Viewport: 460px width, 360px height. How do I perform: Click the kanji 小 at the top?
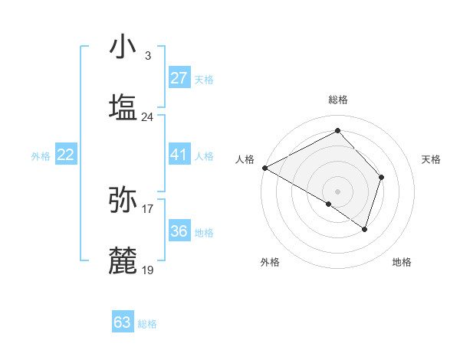(123, 47)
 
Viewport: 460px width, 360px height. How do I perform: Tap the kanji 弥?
(123, 199)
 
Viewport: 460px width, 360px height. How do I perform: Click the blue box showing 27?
(179, 78)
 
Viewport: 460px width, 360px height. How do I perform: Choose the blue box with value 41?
(179, 155)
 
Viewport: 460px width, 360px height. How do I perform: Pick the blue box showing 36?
(179, 231)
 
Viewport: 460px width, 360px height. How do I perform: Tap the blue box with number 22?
(66, 155)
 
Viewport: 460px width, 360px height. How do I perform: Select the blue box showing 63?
(123, 322)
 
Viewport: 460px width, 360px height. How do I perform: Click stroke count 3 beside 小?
(148, 56)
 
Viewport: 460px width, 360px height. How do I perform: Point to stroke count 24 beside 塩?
(148, 117)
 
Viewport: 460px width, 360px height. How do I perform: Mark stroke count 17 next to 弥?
(148, 208)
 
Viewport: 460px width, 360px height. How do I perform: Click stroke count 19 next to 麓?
(148, 270)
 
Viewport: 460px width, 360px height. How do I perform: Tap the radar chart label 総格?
(337, 100)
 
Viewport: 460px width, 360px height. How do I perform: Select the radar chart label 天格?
(432, 159)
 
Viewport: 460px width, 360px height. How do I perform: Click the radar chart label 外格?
(270, 262)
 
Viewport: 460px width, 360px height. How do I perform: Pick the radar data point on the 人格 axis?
(264, 168)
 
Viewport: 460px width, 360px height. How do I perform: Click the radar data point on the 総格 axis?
(337, 130)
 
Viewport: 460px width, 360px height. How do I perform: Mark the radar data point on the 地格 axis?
(366, 229)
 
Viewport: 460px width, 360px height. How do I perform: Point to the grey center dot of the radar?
(337, 191)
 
